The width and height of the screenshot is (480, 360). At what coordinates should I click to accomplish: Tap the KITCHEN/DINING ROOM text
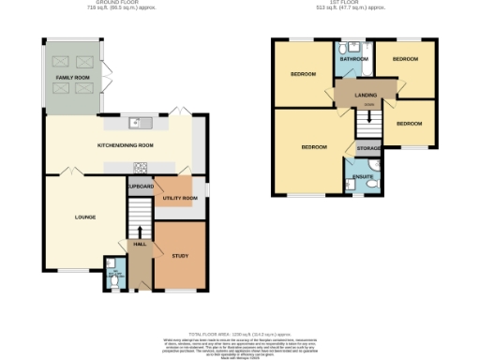click(x=126, y=146)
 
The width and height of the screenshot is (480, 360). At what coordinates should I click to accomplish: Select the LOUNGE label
click(x=85, y=217)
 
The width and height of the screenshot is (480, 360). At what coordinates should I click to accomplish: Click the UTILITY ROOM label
click(x=179, y=199)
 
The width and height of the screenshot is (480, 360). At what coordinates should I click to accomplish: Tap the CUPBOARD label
click(x=140, y=187)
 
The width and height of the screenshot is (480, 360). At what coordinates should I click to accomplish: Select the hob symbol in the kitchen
click(x=141, y=168)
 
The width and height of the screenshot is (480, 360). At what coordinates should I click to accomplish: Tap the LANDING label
click(x=366, y=95)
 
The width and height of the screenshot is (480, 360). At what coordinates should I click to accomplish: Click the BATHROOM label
click(x=354, y=58)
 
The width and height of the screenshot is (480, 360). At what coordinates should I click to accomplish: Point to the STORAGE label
click(x=367, y=148)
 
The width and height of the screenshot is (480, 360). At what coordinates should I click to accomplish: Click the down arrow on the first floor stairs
click(x=369, y=116)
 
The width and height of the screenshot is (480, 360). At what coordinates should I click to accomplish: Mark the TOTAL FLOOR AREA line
click(x=241, y=335)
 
